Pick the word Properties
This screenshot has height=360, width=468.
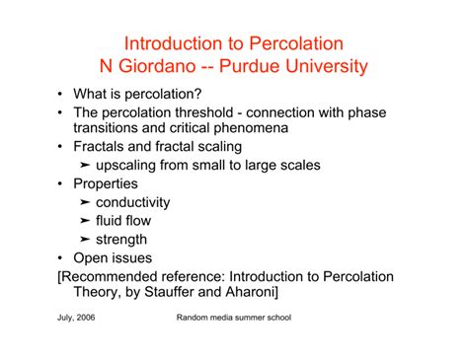(x=106, y=184)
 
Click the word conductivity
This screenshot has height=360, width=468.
(x=133, y=202)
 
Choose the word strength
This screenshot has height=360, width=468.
(x=121, y=239)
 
